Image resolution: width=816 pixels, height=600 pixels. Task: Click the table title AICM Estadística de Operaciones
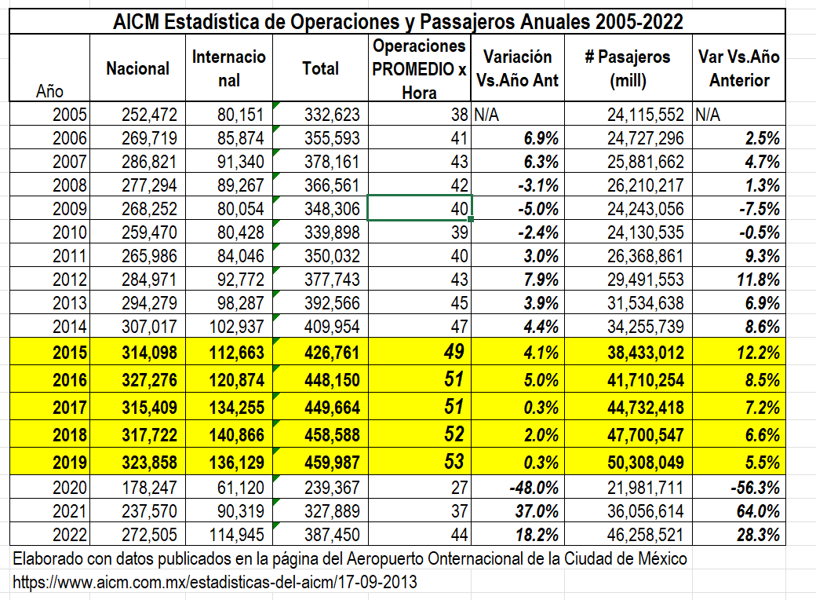coord(398,21)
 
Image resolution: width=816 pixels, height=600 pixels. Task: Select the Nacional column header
coord(137,68)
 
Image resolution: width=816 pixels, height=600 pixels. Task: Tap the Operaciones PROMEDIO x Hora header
coord(419,68)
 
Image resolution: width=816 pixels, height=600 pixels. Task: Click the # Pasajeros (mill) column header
coord(628,68)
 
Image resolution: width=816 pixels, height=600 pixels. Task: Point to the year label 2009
coord(70,210)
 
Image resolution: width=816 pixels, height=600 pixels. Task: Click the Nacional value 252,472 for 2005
coord(150,115)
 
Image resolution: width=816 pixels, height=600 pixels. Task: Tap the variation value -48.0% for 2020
coord(532,489)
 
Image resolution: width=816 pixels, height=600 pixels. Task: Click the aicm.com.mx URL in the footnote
coord(214,583)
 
